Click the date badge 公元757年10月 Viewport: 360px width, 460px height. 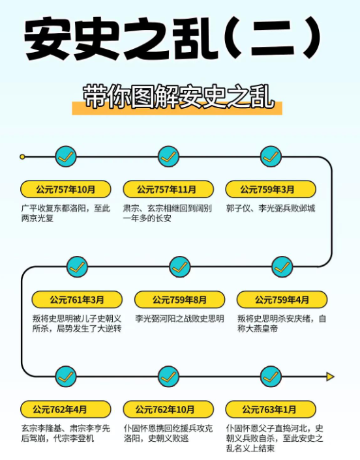[65, 189]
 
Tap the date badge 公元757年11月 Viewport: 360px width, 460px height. [168, 189]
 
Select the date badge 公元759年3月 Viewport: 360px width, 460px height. [271, 189]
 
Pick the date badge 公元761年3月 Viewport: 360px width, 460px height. [77, 300]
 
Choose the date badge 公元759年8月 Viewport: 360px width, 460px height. [180, 300]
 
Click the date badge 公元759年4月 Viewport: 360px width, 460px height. [282, 300]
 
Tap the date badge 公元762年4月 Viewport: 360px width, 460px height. [65, 409]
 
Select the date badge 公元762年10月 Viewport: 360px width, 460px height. [168, 409]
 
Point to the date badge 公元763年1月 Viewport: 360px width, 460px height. [271, 409]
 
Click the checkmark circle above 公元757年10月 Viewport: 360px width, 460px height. [66, 156]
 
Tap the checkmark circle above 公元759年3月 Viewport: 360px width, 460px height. [271, 156]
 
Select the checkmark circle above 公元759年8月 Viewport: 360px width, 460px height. [180, 267]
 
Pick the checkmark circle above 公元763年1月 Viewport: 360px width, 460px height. [271, 377]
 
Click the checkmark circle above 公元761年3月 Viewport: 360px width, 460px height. [77, 267]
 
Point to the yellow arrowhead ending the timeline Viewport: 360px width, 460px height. [331, 377]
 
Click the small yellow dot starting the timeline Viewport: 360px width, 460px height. [22, 156]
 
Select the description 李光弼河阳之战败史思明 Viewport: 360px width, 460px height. [180, 319]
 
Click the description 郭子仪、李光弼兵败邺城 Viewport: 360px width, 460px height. [271, 208]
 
